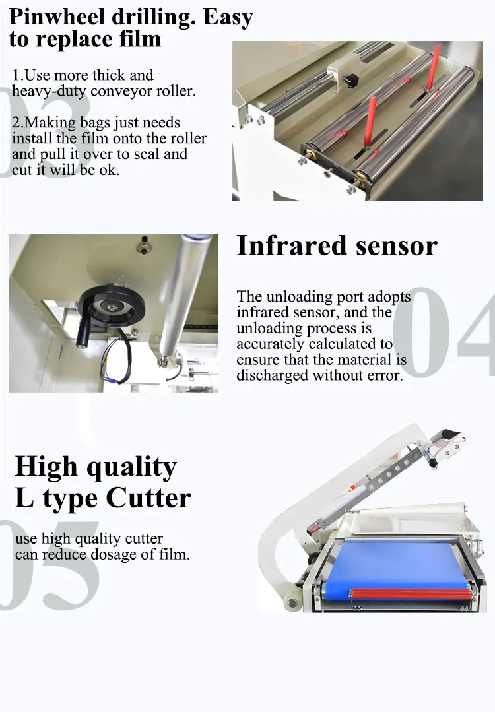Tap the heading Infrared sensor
click(337, 245)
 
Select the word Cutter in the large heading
click(148, 498)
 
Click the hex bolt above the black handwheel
click(141, 248)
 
